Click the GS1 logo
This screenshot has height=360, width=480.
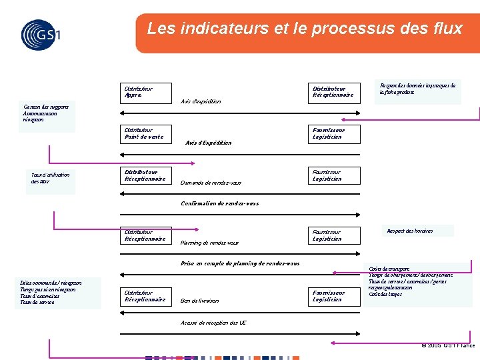pos(40,34)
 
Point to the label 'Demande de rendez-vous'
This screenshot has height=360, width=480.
pos(211,183)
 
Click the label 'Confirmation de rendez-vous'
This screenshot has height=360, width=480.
pos(220,203)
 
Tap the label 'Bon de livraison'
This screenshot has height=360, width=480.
pos(199,301)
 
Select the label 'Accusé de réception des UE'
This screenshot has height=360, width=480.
pos(213,323)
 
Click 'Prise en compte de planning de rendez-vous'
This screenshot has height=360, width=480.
pos(240,263)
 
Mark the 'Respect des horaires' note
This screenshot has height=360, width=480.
pos(409,231)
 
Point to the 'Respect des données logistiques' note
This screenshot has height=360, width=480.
pos(418,89)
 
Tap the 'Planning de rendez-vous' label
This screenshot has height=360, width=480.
pos(209,243)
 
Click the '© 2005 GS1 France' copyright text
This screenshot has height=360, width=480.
pos(448,345)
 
